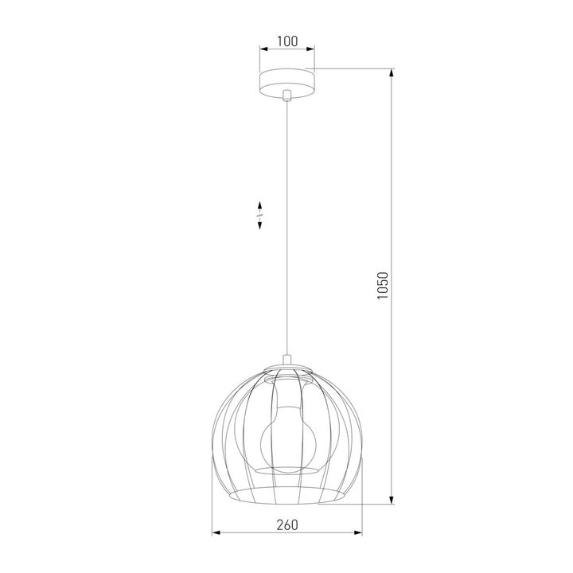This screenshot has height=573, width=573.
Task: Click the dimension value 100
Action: pos(286,39)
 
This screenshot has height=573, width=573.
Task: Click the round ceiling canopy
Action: pos(286,82)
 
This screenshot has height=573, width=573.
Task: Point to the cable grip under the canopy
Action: pos(286,96)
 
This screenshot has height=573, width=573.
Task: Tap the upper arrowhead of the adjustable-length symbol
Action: pos(260,206)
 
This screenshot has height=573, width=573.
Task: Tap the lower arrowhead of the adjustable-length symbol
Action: pos(260,227)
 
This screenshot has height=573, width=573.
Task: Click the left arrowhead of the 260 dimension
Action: pos(215,533)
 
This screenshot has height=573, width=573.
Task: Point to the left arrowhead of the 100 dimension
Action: pos(263,49)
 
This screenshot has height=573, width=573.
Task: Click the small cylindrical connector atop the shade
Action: pos(286,359)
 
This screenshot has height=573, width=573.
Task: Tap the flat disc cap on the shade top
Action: pos(286,367)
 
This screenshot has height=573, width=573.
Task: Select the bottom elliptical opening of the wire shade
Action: pos(286,497)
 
